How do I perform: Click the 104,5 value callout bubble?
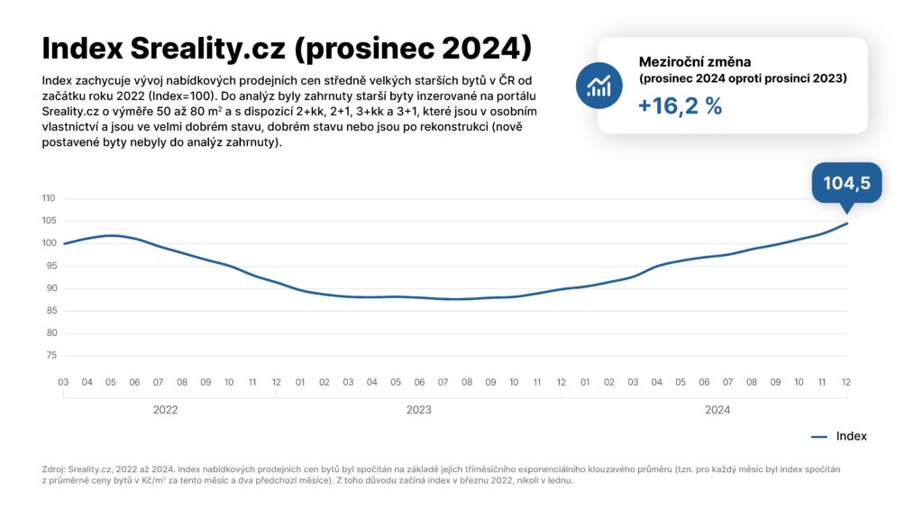pyautogui.click(x=846, y=183)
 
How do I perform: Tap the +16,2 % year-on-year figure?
pyautogui.click(x=681, y=105)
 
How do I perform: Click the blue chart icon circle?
pyautogui.click(x=599, y=86)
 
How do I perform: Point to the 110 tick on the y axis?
pyautogui.click(x=49, y=198)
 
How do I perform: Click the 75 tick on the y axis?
pyautogui.click(x=50, y=356)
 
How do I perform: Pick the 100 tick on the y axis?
pyautogui.click(x=49, y=243)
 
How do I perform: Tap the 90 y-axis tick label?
pyautogui.click(x=50, y=288)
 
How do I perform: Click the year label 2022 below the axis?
pyautogui.click(x=165, y=410)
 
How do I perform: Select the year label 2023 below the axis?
pyautogui.click(x=418, y=410)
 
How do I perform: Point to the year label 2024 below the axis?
pyautogui.click(x=717, y=410)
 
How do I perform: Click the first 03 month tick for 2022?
pyautogui.click(x=64, y=382)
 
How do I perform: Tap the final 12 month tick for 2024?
pyautogui.click(x=846, y=382)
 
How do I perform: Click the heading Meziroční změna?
pyautogui.click(x=694, y=61)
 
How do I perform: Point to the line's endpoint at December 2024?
pyautogui.click(x=846, y=223)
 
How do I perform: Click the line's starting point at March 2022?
pyautogui.click(x=64, y=243)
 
